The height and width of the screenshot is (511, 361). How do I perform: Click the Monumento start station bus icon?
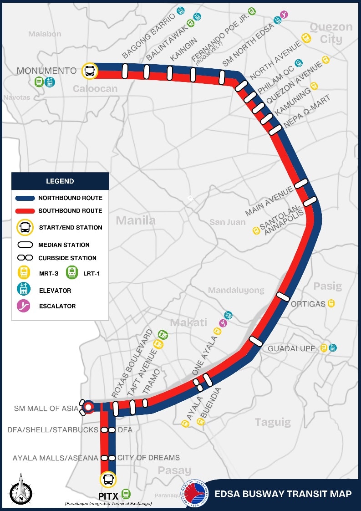tap(90, 71)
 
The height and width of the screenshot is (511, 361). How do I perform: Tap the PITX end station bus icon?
tap(108, 479)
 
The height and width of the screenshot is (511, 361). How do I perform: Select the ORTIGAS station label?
tap(308, 304)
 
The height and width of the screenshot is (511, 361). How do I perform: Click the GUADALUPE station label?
tap(291, 348)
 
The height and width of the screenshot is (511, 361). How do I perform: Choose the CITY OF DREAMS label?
tap(149, 457)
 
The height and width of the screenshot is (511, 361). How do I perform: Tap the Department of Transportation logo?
tap(195, 493)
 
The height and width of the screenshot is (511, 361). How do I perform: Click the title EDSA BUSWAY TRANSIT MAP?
tap(283, 494)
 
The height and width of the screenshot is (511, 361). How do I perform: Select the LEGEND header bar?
tap(60, 181)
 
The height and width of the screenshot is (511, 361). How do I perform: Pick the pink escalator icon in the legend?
tap(23, 306)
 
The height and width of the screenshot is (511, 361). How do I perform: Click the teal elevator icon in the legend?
tap(23, 290)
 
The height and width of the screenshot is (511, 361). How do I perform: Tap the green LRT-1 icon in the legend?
tap(72, 273)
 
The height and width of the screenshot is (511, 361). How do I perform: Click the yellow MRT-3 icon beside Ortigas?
tap(331, 303)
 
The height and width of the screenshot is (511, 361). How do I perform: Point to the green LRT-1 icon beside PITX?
tap(126, 494)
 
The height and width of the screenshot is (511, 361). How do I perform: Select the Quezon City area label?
tap(331, 33)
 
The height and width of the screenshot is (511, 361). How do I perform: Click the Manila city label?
tap(136, 221)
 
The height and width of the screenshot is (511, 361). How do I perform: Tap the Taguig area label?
tap(273, 422)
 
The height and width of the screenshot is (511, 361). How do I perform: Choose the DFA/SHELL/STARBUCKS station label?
tap(53, 429)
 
